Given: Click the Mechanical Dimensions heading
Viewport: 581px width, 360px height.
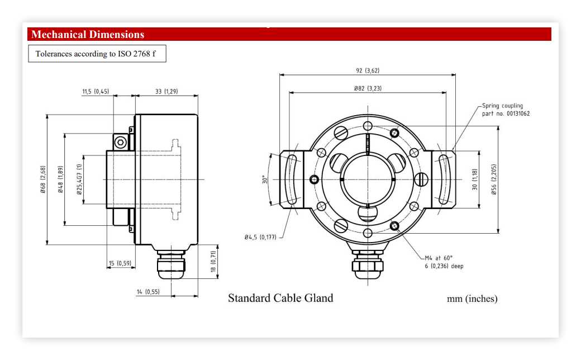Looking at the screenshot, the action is point(88,35).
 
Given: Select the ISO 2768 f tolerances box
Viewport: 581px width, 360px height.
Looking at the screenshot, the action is point(97,54).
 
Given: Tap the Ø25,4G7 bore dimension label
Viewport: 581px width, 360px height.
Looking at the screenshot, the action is point(79,179).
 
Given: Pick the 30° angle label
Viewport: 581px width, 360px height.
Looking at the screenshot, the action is point(265,179).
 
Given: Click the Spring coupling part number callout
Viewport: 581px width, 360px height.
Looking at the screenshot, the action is point(506,110).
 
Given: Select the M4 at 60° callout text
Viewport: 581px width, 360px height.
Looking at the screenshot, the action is point(444,262).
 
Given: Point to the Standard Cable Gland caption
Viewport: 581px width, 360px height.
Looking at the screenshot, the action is point(280,298).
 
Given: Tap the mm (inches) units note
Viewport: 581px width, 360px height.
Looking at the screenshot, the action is point(472,299).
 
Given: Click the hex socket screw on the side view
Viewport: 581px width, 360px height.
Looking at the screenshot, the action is point(121,142).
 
